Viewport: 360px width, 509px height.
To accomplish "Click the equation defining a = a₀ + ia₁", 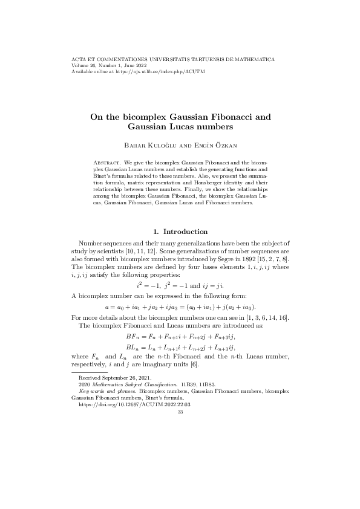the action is (180, 308).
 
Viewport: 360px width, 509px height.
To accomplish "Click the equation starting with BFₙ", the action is (180, 337).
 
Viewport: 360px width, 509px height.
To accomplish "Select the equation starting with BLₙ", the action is (180, 348).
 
